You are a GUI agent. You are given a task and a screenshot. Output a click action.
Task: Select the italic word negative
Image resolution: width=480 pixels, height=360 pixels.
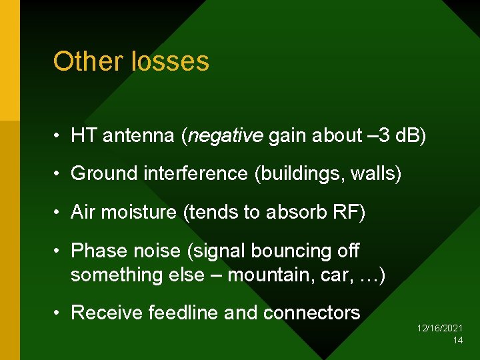click(226, 136)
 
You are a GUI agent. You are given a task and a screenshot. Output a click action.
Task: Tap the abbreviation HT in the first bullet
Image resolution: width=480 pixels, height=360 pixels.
click(83, 135)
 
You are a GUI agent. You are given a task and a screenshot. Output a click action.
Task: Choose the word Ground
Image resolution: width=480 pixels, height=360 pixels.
click(103, 174)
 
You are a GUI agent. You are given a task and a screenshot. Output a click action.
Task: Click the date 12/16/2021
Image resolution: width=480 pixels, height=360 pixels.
click(440, 329)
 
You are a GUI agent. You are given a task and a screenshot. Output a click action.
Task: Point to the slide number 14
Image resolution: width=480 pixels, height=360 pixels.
click(457, 340)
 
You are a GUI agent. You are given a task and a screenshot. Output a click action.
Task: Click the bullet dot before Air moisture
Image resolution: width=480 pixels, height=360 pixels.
click(59, 213)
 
